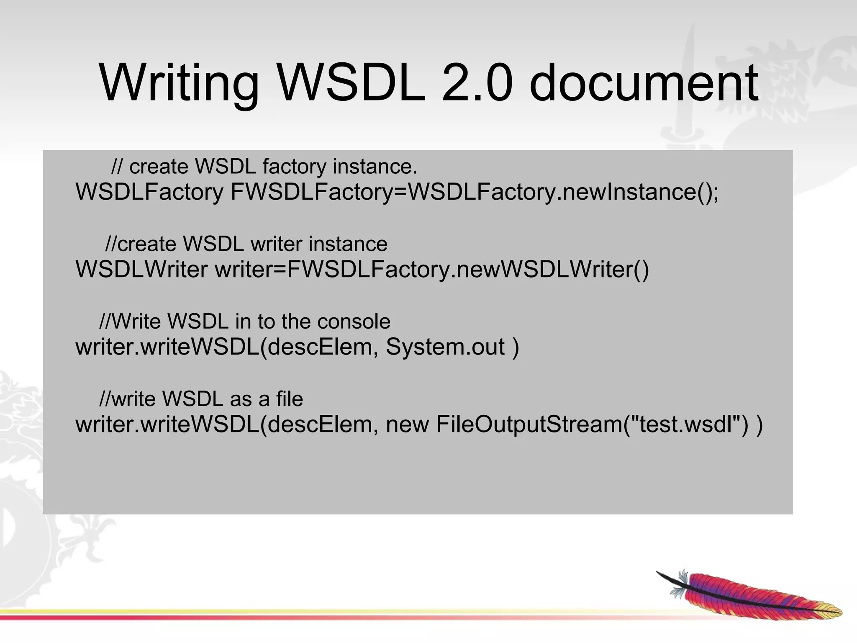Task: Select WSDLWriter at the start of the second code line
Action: (141, 270)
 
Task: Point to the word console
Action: (354, 321)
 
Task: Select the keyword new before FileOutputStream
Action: (407, 424)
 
